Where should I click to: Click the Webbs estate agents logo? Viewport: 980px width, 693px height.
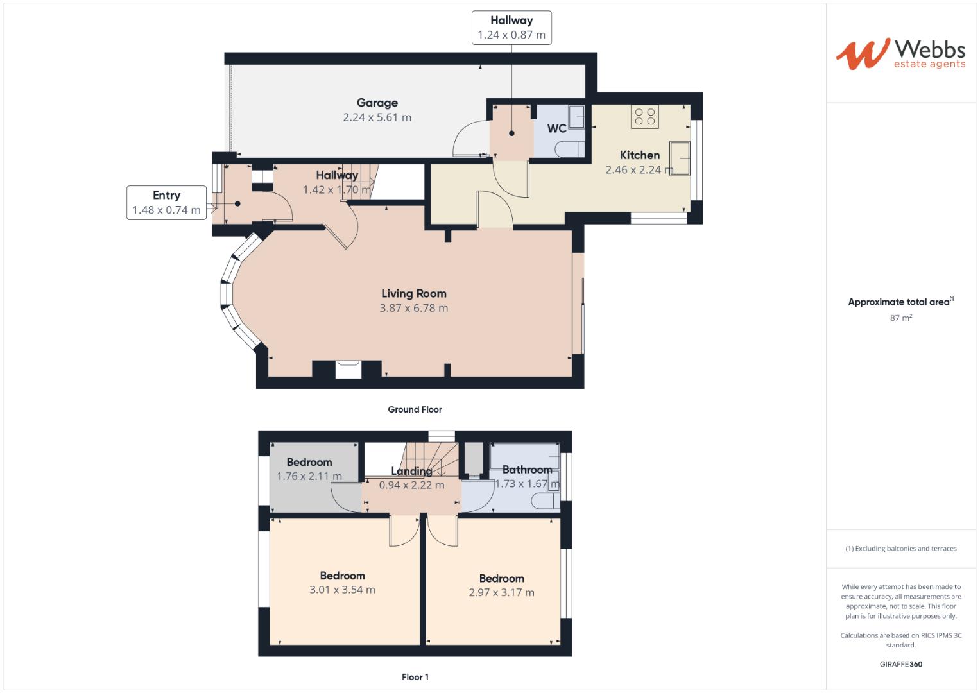click(x=900, y=54)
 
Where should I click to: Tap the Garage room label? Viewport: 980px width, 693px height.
click(x=377, y=103)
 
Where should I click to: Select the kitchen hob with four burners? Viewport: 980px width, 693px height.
click(x=644, y=117)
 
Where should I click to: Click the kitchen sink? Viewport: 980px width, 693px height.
click(x=680, y=158)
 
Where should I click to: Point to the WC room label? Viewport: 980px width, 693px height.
click(x=556, y=129)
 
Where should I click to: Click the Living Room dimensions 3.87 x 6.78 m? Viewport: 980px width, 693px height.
click(x=413, y=308)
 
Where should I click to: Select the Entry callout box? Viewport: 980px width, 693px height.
click(x=166, y=203)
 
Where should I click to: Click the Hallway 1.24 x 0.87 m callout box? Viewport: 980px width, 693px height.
click(x=511, y=28)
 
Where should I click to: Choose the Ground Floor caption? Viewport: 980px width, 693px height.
click(x=415, y=409)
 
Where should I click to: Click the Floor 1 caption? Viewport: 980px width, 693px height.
click(x=415, y=677)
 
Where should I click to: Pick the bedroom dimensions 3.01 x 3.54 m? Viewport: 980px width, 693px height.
click(x=342, y=590)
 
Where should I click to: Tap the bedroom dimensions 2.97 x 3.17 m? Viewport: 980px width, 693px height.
click(x=501, y=592)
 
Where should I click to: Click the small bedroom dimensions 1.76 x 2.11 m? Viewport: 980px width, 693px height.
click(x=309, y=476)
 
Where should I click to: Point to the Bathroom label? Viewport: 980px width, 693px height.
click(x=527, y=470)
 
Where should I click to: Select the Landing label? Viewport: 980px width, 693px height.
click(x=411, y=471)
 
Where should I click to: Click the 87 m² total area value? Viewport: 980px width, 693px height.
click(x=900, y=318)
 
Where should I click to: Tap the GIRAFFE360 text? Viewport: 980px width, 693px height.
click(x=900, y=664)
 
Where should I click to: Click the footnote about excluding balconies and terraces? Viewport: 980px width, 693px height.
click(x=900, y=549)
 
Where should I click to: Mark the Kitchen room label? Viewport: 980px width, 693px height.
click(x=639, y=155)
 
